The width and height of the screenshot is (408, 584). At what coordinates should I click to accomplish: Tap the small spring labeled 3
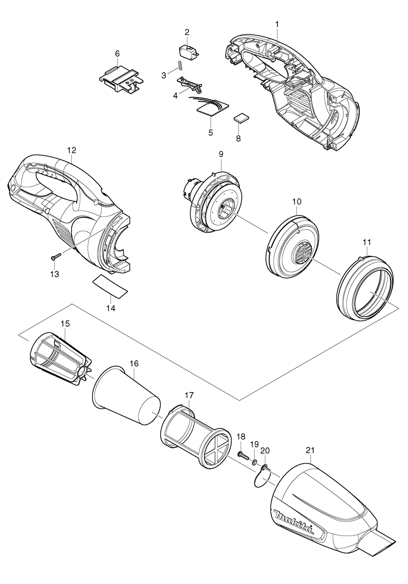(180, 65)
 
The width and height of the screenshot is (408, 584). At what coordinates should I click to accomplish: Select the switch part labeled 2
(188, 51)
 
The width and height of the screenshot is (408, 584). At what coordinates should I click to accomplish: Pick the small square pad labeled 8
(241, 118)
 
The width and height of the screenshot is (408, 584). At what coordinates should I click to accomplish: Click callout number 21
(310, 450)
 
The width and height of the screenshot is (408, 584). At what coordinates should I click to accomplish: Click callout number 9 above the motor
(221, 154)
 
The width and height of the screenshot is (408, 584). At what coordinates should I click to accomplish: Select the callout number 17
(189, 395)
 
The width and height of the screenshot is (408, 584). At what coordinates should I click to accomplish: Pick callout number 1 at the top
(277, 23)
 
